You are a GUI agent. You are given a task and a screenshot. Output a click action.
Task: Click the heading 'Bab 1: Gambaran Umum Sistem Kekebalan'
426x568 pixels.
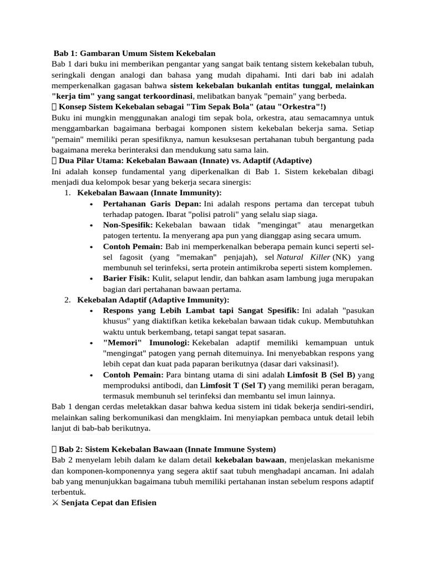[134, 54]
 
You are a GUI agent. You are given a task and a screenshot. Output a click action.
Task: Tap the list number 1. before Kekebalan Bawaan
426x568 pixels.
[67, 192]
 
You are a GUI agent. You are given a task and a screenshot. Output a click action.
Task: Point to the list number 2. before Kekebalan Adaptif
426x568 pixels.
[67, 300]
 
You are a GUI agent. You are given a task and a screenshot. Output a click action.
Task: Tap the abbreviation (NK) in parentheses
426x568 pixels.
[342, 257]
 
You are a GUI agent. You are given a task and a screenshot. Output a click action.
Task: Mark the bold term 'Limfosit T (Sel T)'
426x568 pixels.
[233, 385]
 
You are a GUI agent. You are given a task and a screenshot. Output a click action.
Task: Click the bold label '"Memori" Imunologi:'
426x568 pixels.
[146, 343]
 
